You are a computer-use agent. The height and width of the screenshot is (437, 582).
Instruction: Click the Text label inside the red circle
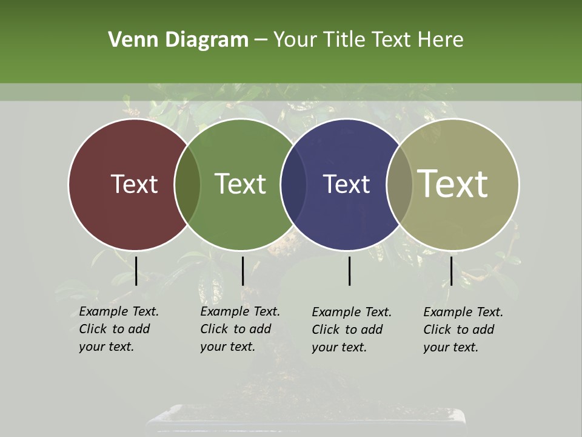click(x=134, y=184)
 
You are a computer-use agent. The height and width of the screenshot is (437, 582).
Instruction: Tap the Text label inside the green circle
click(x=241, y=184)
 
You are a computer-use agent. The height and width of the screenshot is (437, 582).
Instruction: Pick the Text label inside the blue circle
click(x=346, y=184)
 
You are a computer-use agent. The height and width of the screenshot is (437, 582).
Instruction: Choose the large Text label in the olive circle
click(x=453, y=184)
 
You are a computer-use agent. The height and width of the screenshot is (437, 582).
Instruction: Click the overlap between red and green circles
click(x=187, y=185)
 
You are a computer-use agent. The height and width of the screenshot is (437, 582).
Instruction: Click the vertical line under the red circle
click(x=136, y=271)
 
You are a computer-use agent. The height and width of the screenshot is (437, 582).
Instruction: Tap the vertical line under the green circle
click(x=242, y=271)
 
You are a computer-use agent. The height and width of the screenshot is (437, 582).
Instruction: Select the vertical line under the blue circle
click(x=350, y=271)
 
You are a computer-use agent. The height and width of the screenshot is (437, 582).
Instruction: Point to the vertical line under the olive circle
click(x=451, y=271)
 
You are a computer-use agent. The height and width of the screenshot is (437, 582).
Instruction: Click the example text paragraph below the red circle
click(x=119, y=329)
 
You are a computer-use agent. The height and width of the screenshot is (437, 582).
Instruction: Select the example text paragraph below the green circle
click(x=240, y=329)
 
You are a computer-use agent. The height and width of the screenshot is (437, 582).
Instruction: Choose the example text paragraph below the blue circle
click(x=352, y=330)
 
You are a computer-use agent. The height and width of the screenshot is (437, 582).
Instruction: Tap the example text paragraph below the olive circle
click(x=463, y=330)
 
